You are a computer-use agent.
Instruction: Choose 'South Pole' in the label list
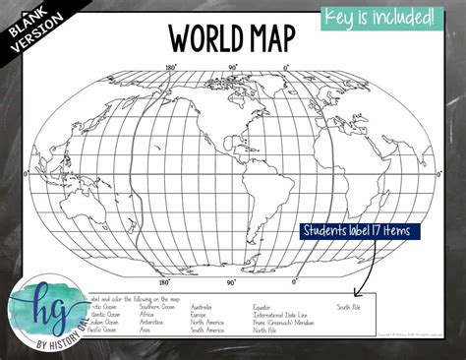point(349,306)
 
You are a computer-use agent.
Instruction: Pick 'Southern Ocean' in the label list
point(156,306)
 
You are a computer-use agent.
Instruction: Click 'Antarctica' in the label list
point(154,322)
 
